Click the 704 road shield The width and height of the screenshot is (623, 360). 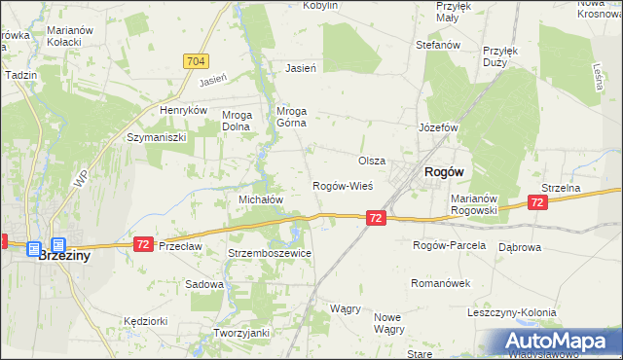(196, 60)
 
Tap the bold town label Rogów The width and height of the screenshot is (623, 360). (444, 171)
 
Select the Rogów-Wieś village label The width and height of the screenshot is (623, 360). (342, 186)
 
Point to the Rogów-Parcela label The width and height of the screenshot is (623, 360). (449, 245)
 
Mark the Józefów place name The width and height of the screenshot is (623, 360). (437, 127)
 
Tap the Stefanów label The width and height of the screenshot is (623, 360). (437, 45)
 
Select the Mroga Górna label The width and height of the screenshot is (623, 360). (292, 117)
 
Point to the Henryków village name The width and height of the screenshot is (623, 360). (185, 111)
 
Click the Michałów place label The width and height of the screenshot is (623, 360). (261, 198)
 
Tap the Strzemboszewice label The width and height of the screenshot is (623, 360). (269, 253)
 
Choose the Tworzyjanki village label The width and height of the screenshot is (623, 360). (240, 333)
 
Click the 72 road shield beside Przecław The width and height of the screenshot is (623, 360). (143, 243)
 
